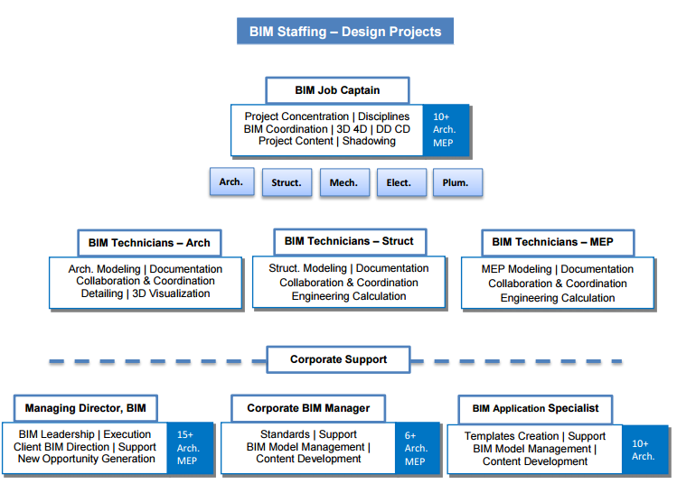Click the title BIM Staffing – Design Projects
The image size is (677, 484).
345,32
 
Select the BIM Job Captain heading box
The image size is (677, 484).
337,90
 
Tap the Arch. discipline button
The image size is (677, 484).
231,182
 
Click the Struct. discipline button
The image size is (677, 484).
287,183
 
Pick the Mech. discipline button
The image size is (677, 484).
343,183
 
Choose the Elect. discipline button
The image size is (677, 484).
400,183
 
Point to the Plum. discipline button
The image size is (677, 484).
456,183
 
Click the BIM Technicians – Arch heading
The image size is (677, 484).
149,243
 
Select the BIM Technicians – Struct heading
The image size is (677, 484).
349,241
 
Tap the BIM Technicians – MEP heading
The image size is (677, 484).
552,242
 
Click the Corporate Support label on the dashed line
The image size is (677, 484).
338,359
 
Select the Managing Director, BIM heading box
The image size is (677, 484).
85,409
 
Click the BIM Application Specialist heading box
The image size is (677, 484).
535,409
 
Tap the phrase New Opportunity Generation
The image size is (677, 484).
87,460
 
